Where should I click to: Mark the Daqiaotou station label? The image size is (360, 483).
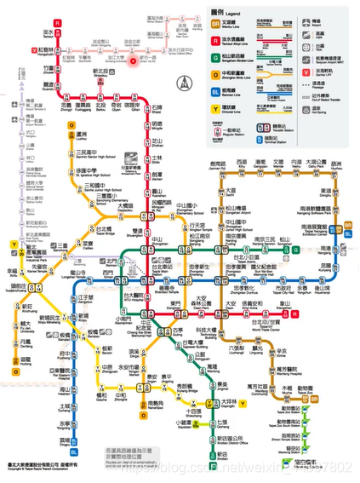125,206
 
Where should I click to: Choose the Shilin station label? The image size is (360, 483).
157,158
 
